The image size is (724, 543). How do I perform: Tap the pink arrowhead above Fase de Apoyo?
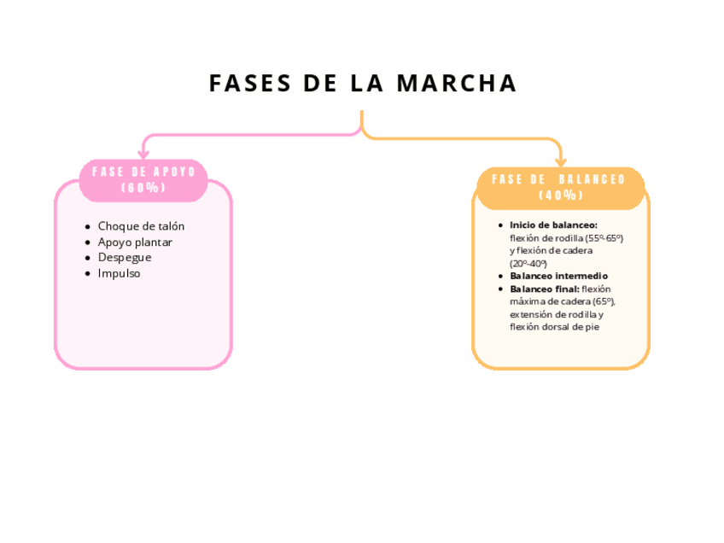[x=143, y=155]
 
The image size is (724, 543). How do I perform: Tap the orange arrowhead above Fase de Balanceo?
[x=561, y=161]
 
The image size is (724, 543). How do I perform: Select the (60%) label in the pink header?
[x=143, y=188]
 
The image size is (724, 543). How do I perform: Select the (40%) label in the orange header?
[x=561, y=195]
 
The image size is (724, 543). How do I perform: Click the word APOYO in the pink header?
[x=175, y=172]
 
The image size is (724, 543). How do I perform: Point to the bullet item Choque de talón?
[x=141, y=226]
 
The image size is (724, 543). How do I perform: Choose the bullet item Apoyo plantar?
[x=135, y=242]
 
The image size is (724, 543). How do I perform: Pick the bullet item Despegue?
[x=125, y=257]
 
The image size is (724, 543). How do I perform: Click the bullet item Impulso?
[x=119, y=273]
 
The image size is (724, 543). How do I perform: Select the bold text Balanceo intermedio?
[x=558, y=276]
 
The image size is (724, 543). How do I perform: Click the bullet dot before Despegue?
[x=88, y=258]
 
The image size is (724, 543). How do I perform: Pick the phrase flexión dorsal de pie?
[x=552, y=326]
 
